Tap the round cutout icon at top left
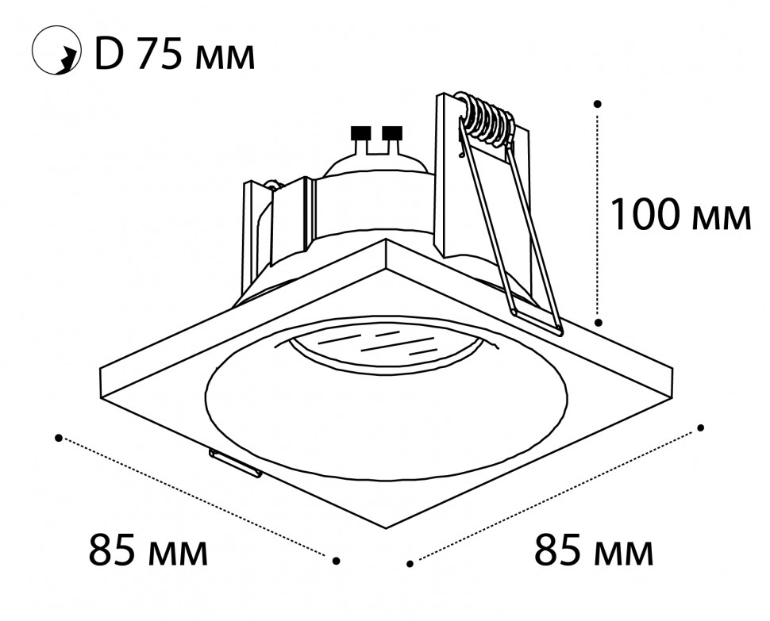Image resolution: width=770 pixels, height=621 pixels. point(56,52)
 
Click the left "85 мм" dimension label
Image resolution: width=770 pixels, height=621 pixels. point(148,550)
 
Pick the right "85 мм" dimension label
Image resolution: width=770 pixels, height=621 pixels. point(594,550)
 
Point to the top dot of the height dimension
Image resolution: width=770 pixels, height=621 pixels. point(598,104)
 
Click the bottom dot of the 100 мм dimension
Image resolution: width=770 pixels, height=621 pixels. point(598,322)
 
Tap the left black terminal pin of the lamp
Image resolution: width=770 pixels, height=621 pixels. point(361,133)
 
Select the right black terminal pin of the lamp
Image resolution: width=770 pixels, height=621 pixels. point(392,133)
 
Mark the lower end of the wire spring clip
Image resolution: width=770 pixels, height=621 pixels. point(559,332)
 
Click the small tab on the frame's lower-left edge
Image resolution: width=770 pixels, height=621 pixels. point(235,463)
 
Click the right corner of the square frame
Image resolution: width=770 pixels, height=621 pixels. point(671,369)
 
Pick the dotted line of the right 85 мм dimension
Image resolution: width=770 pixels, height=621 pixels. point(556,496)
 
